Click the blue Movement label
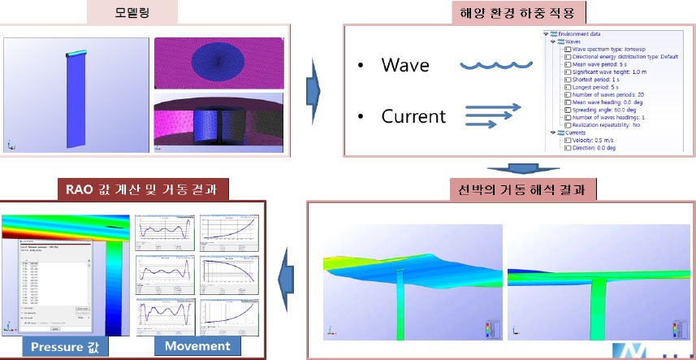(x=197, y=346)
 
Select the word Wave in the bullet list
(x=404, y=64)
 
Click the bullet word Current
(x=413, y=116)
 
